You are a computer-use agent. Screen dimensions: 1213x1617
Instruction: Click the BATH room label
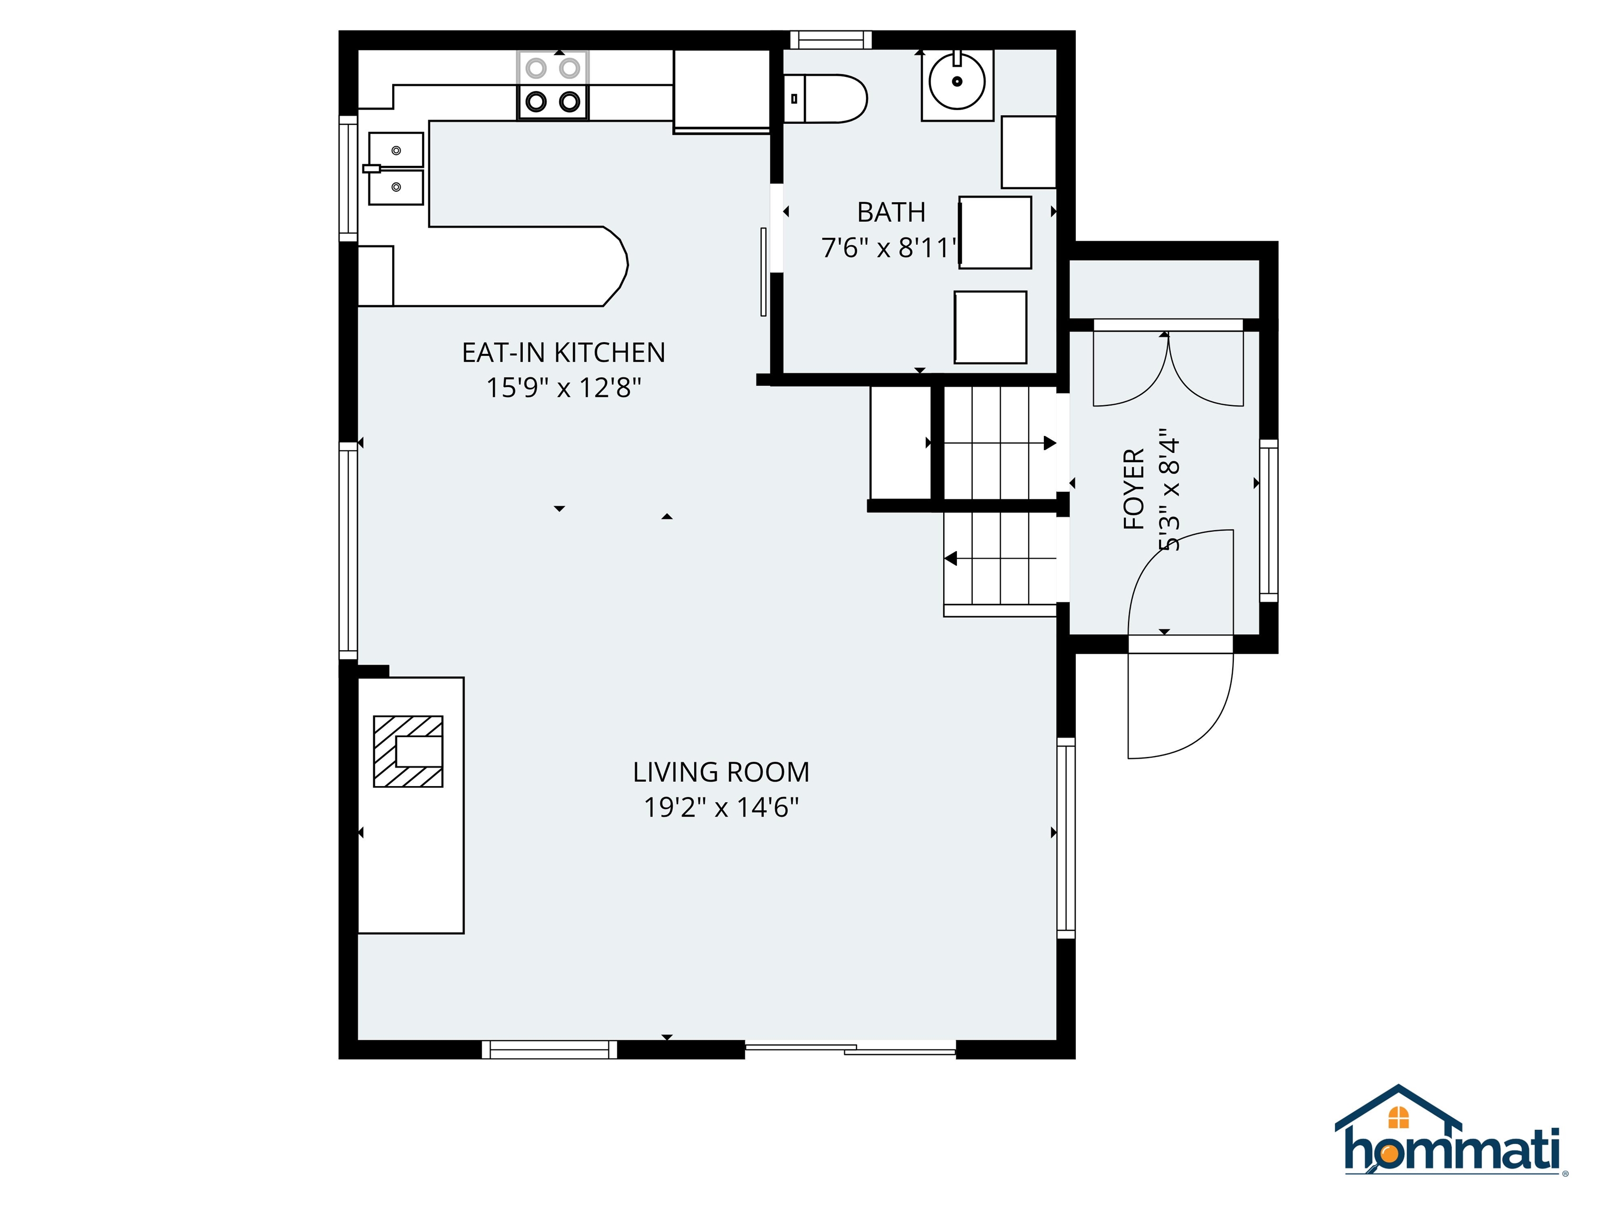click(x=891, y=213)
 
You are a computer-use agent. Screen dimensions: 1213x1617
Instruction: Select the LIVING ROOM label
click(x=721, y=772)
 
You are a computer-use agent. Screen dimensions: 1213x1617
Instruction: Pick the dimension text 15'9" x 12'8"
click(x=563, y=387)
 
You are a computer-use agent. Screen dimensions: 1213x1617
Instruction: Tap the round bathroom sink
click(x=956, y=81)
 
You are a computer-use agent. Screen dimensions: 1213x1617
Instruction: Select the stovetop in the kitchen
click(x=553, y=85)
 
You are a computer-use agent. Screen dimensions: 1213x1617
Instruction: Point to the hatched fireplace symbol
click(x=408, y=751)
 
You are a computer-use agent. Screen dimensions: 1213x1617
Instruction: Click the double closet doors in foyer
click(x=1167, y=365)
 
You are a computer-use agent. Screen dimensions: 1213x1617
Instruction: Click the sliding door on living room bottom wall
click(x=850, y=1049)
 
